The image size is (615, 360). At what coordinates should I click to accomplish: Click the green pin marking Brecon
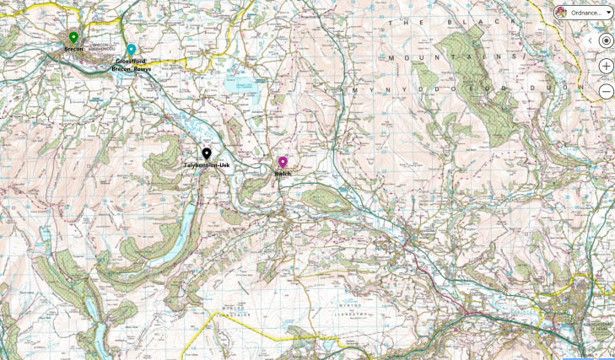coord(73,37)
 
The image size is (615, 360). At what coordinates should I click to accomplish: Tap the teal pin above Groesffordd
coord(131,49)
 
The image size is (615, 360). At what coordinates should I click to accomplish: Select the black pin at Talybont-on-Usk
coord(207,153)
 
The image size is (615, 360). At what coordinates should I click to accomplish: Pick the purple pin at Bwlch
coord(283,162)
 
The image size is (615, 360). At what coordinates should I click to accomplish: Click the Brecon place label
coord(73,49)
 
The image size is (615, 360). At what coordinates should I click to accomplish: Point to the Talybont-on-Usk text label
coord(207,165)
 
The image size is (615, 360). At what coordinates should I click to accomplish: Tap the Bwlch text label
coord(283,174)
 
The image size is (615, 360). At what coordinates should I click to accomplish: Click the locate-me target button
coord(606,40)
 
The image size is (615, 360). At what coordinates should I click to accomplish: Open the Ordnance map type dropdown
coord(584,13)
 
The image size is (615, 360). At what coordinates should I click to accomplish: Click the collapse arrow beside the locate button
coord(590,40)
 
